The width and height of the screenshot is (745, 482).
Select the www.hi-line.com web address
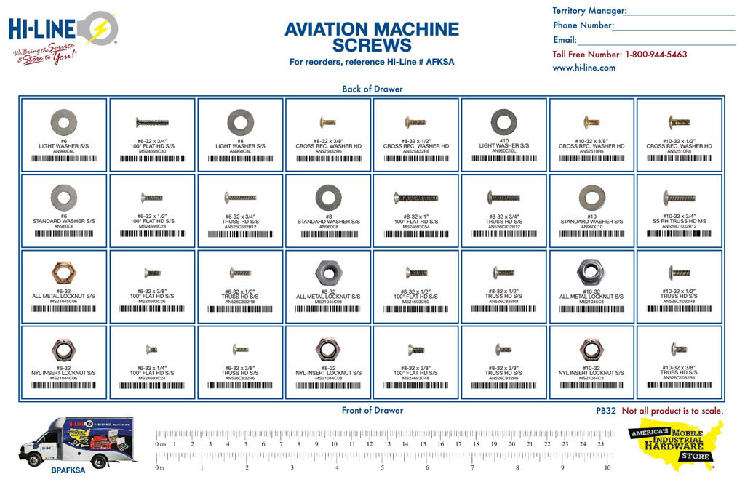(x=583, y=68)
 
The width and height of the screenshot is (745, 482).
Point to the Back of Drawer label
(x=372, y=89)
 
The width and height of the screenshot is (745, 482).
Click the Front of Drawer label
(x=372, y=410)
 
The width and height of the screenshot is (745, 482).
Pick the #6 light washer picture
(x=63, y=121)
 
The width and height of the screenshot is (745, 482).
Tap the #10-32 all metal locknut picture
(x=592, y=272)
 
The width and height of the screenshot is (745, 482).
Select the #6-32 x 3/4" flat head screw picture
(x=151, y=121)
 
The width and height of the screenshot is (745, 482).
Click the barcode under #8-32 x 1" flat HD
(x=415, y=234)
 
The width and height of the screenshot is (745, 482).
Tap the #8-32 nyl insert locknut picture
(x=327, y=349)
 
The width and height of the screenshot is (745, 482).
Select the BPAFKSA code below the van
(x=68, y=470)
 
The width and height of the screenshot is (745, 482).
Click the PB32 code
(x=605, y=411)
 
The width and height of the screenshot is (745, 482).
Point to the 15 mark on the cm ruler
(x=423, y=443)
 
